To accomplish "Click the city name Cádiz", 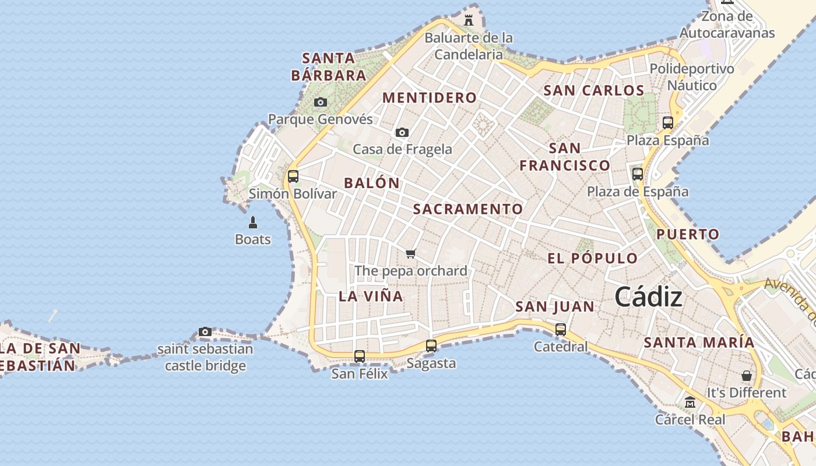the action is pyautogui.click(x=648, y=297).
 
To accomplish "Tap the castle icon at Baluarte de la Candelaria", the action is pyautogui.click(x=469, y=20).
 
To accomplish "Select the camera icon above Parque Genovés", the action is pyautogui.click(x=320, y=103).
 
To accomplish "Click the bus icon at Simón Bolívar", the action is pyautogui.click(x=293, y=176).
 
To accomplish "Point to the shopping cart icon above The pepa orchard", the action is pyautogui.click(x=411, y=253).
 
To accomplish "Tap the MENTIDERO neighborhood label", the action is pyautogui.click(x=430, y=98).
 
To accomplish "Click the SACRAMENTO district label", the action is pyautogui.click(x=468, y=209).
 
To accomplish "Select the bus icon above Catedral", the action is pyautogui.click(x=561, y=330).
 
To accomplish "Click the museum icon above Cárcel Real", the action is pyautogui.click(x=690, y=403).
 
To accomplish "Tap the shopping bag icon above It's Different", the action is pyautogui.click(x=746, y=376).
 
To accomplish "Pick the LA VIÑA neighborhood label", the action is pyautogui.click(x=371, y=296).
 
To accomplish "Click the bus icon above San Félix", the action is pyautogui.click(x=360, y=356).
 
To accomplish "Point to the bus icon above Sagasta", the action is pyautogui.click(x=431, y=346).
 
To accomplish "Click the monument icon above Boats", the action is pyautogui.click(x=253, y=223).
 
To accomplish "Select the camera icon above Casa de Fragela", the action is pyautogui.click(x=402, y=133).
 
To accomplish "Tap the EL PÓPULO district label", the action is pyautogui.click(x=593, y=259).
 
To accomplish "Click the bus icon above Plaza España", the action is pyautogui.click(x=668, y=123).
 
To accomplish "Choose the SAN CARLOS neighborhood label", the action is pyautogui.click(x=594, y=90).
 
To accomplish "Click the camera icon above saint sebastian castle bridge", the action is pyautogui.click(x=205, y=332).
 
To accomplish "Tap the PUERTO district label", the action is pyautogui.click(x=688, y=235).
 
